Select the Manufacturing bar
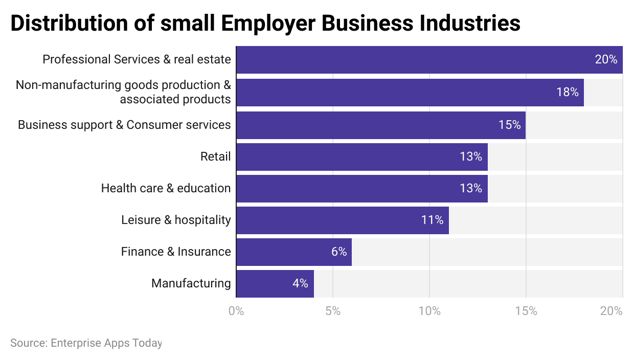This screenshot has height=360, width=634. coord(275,284)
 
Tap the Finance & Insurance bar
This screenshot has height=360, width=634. coord(294,252)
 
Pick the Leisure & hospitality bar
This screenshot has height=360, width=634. coord(343,220)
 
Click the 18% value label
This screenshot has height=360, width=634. coord(567,93)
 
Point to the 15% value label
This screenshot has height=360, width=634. coord(509,125)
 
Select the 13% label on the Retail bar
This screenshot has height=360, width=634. coord(470,156)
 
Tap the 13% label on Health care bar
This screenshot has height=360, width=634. coord(470,188)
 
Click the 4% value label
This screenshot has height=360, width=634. coord(300,283)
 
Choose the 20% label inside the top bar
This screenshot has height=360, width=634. coord(606,59)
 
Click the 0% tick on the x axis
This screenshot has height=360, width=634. coord(236,311)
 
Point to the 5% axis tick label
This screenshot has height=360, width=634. coord(333,311)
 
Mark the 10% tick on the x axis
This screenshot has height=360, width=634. coord(429,311)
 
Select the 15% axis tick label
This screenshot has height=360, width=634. coord(526,311)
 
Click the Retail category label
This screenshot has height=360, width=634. coord(215,156)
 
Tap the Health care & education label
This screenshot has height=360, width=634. coord(166,188)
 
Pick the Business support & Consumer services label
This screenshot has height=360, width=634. coord(124,125)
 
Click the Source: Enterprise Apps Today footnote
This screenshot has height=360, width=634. coord(86,343)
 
